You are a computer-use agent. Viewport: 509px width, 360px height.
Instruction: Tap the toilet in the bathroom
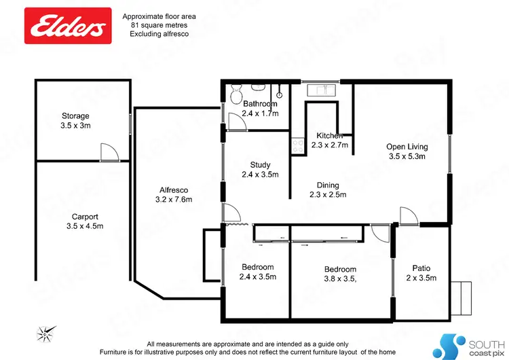tap(235, 94)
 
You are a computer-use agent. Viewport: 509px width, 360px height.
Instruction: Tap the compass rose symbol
tap(45, 333)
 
